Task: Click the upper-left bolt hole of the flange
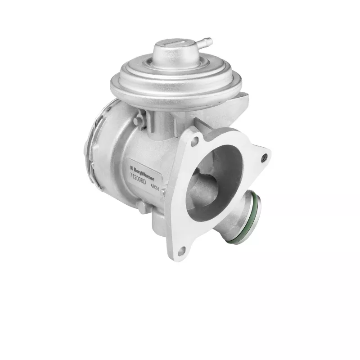(194, 141)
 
